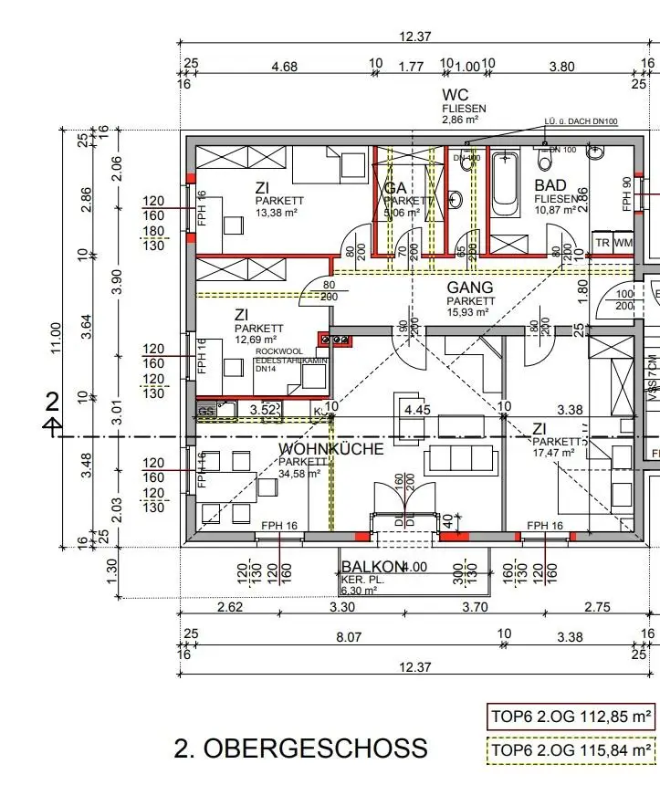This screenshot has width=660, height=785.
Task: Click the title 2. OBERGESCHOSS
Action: pos(300,748)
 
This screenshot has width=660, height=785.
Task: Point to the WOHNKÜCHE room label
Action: pos(331,449)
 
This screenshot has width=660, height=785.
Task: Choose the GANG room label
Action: pos(470,288)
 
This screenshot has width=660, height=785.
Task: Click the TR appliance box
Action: pos(602,243)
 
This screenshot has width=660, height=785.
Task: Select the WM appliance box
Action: pos(623,243)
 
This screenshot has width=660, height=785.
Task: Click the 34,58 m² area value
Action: pos(300,474)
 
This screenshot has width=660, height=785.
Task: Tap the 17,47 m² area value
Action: pos(554,452)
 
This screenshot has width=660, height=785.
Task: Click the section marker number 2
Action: pos(52,403)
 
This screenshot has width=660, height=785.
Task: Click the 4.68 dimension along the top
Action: pos(284,66)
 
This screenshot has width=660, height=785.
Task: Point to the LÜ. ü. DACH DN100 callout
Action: pos(581,121)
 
